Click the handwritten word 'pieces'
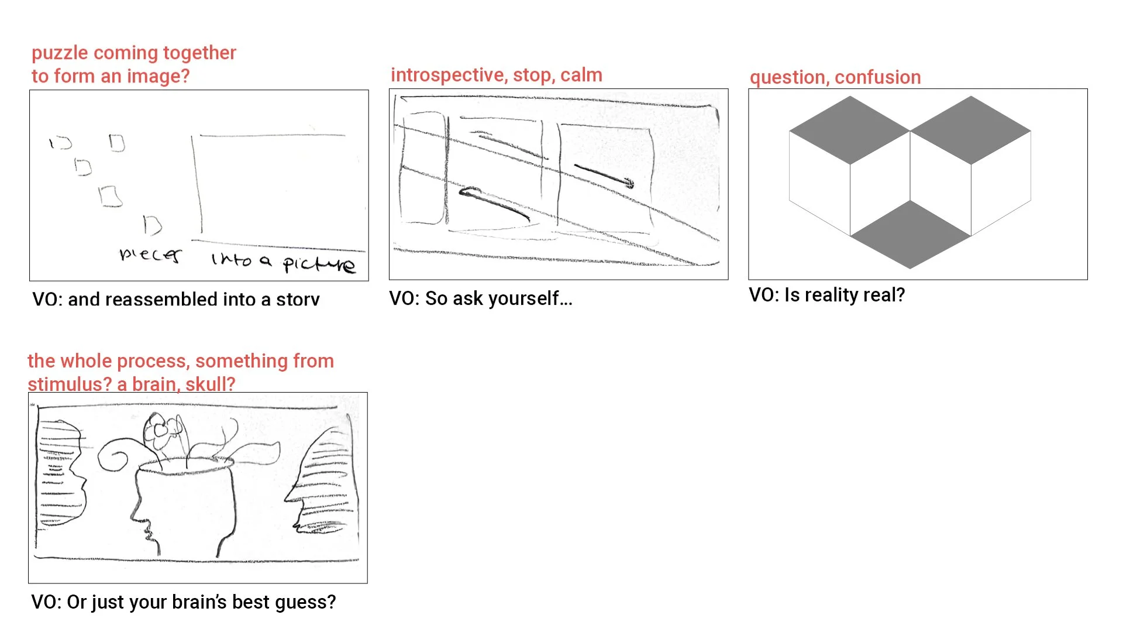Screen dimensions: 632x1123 [150, 255]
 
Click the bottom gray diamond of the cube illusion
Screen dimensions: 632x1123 [910, 234]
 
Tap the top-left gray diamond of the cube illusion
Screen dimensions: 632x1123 [849, 130]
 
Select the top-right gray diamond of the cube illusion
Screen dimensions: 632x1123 [971, 130]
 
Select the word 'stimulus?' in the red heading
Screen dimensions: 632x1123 [70, 384]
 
